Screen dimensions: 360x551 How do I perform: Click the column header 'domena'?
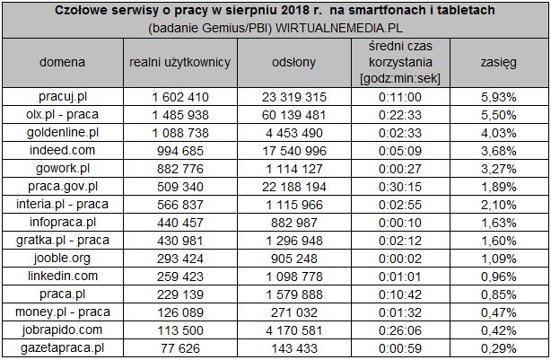(63, 63)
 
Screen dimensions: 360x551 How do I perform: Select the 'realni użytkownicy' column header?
(180, 63)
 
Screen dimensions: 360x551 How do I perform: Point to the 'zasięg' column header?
(493, 63)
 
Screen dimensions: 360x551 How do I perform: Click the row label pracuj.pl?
(63, 96)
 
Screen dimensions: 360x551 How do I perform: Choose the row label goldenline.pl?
(63, 132)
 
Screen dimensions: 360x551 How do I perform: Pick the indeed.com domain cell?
(63, 150)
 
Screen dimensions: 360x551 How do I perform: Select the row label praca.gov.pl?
(63, 186)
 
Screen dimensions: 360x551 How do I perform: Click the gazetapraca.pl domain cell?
(63, 347)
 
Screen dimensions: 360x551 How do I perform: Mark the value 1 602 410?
(180, 96)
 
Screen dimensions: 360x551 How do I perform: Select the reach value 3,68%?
(493, 150)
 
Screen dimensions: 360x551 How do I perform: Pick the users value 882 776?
(180, 168)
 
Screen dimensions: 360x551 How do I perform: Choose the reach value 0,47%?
(493, 312)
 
